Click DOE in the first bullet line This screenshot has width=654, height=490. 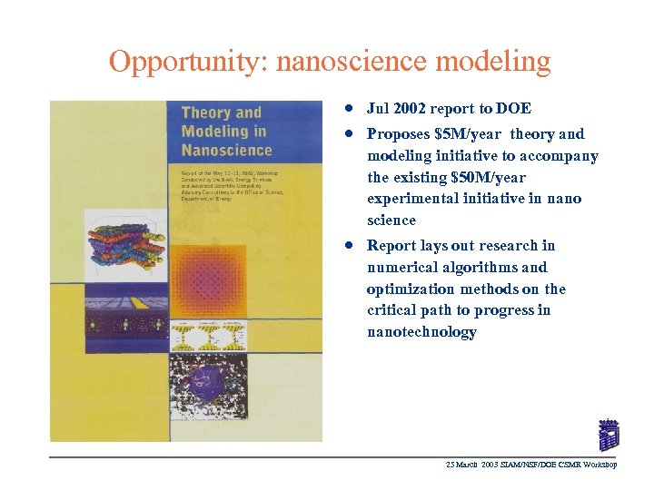click(x=513, y=109)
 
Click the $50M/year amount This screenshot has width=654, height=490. click(x=488, y=177)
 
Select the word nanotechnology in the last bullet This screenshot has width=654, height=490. click(x=421, y=332)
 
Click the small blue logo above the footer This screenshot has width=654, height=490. click(x=609, y=435)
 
